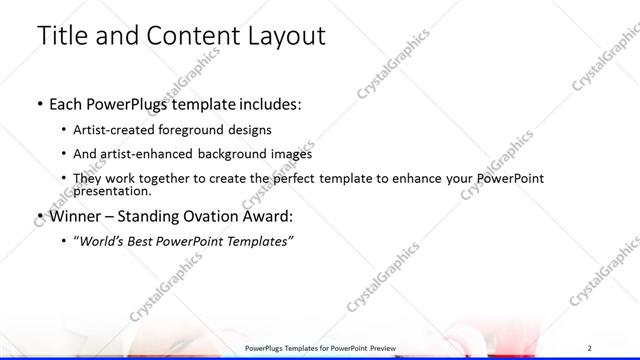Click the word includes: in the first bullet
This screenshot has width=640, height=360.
(265, 104)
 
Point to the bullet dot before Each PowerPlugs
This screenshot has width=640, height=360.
(38, 104)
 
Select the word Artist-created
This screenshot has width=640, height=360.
(112, 130)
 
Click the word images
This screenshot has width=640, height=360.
(291, 154)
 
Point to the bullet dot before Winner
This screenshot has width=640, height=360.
(38, 216)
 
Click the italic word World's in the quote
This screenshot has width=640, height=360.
(100, 241)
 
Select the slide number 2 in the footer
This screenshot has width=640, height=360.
(590, 347)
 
